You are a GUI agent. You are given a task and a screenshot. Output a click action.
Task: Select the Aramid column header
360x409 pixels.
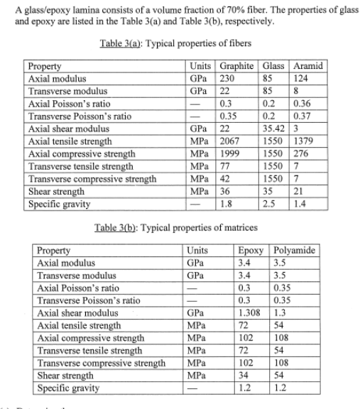point(310,65)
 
